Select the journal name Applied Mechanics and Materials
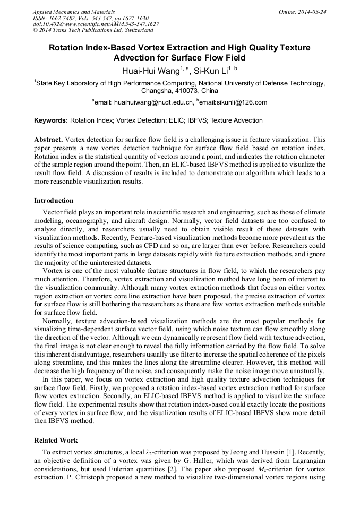tap(74, 12)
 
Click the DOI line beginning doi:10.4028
tap(96, 24)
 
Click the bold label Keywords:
tap(51, 120)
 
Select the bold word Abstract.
tap(48, 139)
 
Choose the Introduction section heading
tap(54, 201)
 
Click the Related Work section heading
tap(56, 441)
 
